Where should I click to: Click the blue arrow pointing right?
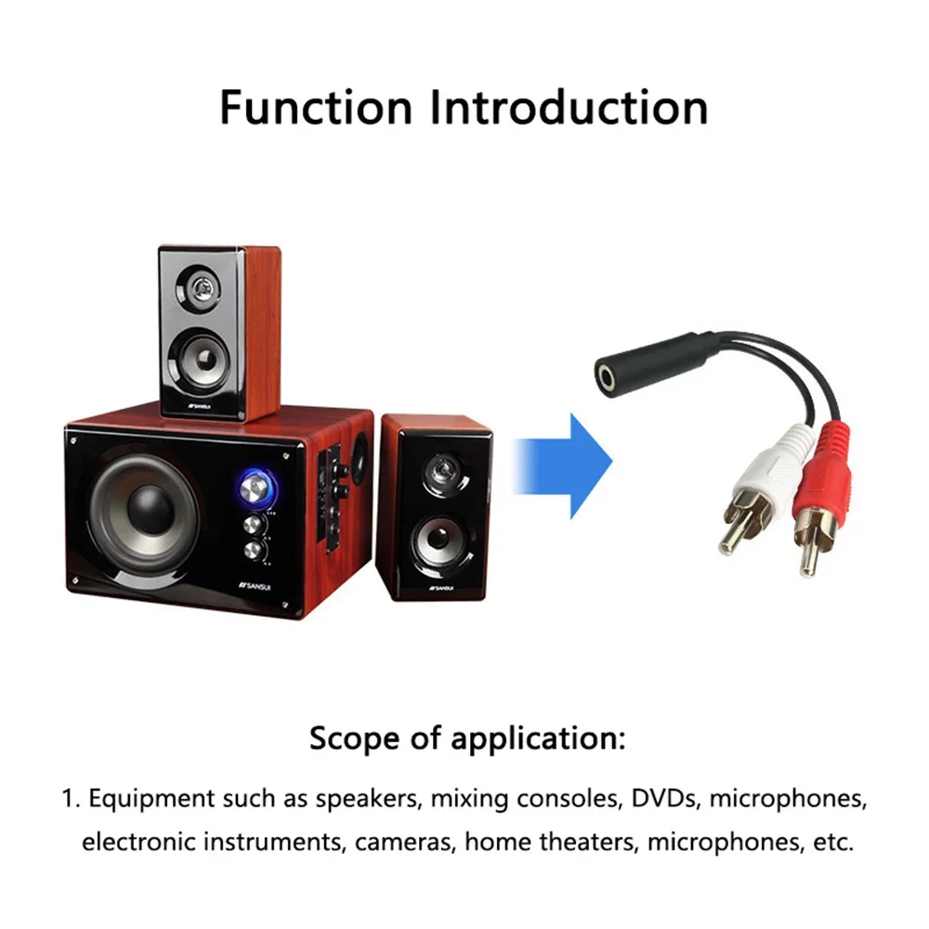coord(566,465)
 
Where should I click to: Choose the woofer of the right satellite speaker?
coord(436,542)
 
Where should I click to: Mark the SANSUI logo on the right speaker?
coord(440,588)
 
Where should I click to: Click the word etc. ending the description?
coord(831,843)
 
